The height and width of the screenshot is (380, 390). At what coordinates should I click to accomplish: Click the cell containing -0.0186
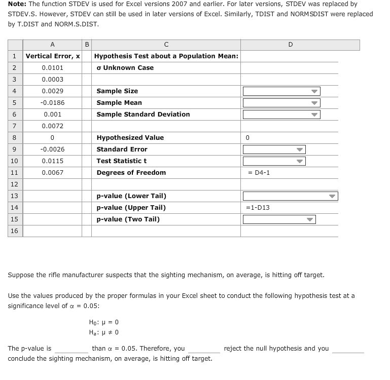coord(53,102)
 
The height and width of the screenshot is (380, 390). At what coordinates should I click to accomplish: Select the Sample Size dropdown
coord(281,91)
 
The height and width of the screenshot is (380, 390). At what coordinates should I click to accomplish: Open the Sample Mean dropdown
coord(281,103)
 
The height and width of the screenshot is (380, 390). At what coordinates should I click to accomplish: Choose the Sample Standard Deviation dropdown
coord(281,115)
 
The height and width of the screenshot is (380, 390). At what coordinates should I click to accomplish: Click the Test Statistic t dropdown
coord(274,161)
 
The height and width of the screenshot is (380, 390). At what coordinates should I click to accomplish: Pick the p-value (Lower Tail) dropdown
coord(290,196)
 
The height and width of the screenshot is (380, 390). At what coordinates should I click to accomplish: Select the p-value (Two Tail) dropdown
coord(279,219)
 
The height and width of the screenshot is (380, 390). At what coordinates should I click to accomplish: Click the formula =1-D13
coord(258,208)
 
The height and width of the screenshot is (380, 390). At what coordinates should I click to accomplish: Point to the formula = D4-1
coord(259,173)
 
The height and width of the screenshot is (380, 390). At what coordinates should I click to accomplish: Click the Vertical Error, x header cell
coord(53,56)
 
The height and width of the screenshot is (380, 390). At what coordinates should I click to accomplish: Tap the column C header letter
coord(166,45)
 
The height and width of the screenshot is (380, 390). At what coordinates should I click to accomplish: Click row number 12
coord(14,184)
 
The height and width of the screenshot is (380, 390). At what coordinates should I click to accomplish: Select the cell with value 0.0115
coord(53,161)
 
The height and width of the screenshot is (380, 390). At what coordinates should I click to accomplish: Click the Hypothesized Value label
coord(130,138)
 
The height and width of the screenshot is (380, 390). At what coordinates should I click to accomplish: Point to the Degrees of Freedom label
coord(131,173)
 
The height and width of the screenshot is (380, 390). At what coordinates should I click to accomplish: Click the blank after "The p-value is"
coord(71,349)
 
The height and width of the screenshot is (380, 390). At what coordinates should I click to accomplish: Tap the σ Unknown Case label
coord(125,68)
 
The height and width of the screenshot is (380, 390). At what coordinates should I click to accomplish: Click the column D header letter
coord(290,45)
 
